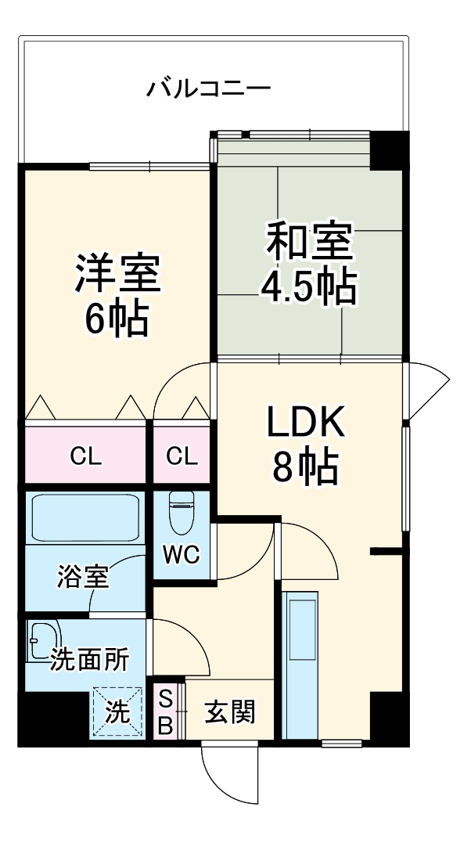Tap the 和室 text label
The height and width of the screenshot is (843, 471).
[308, 242]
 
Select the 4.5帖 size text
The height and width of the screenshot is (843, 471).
[308, 287]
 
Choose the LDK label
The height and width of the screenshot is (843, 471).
[305, 425]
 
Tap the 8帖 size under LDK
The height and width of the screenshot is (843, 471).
[305, 468]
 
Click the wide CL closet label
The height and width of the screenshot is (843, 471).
[85, 456]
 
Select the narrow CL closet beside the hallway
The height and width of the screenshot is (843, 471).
[182, 456]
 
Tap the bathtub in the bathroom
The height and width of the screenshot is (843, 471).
[84, 517]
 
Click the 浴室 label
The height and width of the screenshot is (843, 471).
[82, 578]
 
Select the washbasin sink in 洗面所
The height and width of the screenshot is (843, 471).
[43, 638]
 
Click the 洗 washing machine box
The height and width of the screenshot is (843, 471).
[117, 712]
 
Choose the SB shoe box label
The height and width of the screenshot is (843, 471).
[165, 712]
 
